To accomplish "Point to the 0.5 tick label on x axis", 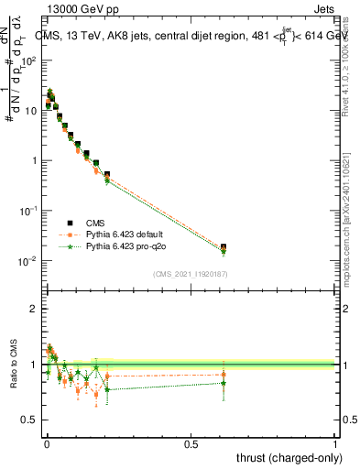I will tap(190, 442).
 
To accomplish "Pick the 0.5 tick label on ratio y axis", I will tap(27, 420).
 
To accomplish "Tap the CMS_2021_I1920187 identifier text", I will tap(190, 274).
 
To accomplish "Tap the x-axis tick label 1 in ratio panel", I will tap(336, 442).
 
